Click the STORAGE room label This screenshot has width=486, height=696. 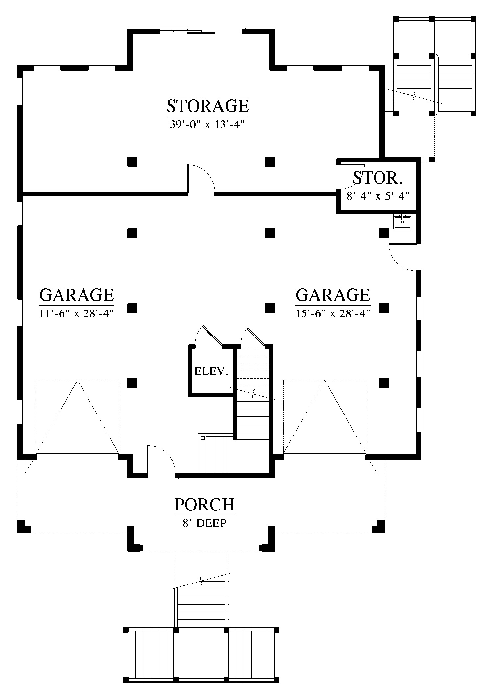click(207, 106)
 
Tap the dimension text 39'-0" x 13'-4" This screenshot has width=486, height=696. click(207, 125)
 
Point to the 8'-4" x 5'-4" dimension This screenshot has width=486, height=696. click(377, 196)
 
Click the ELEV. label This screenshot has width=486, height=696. click(211, 372)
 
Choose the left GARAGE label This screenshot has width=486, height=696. click(77, 295)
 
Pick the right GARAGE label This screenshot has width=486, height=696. click(333, 295)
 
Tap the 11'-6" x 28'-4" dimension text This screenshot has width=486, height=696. click(77, 314)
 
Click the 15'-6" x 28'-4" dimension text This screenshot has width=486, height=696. click(333, 314)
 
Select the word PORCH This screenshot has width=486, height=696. click(205, 504)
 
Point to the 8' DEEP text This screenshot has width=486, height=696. click(205, 523)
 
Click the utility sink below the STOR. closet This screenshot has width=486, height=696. click(403, 221)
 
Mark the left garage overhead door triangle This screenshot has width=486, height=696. click(77, 417)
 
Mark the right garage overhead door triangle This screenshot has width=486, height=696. click(325, 417)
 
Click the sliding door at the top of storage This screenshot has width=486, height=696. click(187, 32)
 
